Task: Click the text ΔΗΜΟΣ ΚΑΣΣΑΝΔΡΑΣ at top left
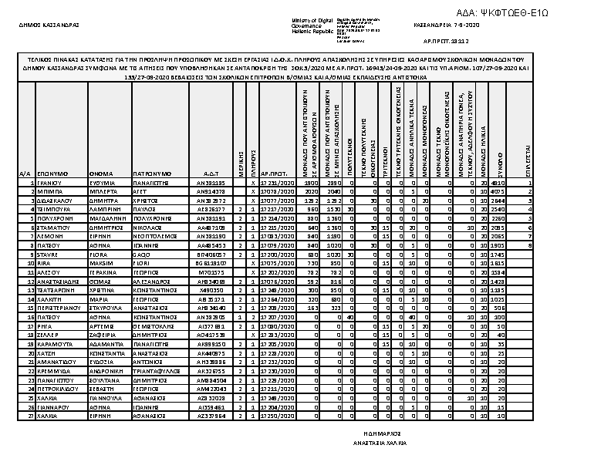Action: pyautogui.click(x=49, y=25)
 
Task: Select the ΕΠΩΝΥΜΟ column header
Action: pyautogui.click(x=52, y=174)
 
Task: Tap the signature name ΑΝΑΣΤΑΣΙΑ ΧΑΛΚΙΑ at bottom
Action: pyautogui.click(x=380, y=445)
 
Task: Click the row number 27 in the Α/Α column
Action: pyautogui.click(x=25, y=416)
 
